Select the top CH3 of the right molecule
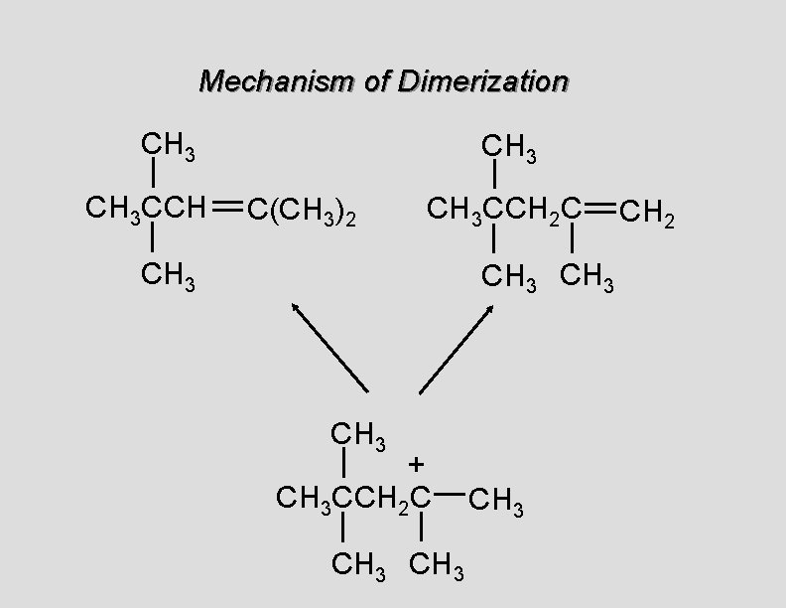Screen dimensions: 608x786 [x=509, y=150]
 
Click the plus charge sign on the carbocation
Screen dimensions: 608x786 [x=417, y=463]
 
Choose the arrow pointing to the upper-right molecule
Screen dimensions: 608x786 [x=457, y=347]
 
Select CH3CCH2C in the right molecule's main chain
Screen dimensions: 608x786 [x=504, y=210]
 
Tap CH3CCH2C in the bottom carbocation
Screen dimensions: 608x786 [x=354, y=500]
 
